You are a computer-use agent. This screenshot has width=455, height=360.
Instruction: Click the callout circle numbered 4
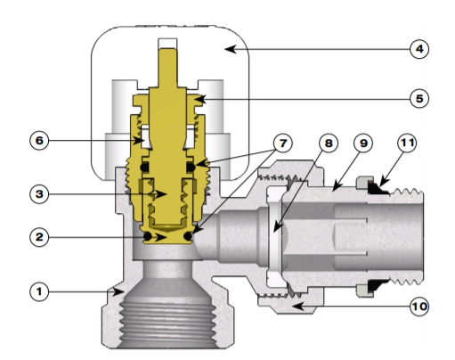tap(419, 49)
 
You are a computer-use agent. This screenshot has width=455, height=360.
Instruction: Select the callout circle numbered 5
tap(419, 98)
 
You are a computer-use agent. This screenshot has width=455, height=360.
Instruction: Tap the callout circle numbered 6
tap(39, 141)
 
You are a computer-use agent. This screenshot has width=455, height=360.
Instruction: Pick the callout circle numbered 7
tap(283, 143)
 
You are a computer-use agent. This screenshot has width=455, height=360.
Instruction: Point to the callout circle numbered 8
tap(329, 143)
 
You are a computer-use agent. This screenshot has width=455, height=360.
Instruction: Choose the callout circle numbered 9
tap(363, 143)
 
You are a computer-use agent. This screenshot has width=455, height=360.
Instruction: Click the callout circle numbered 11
tap(407, 143)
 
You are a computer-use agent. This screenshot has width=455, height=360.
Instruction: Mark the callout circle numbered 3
tap(39, 194)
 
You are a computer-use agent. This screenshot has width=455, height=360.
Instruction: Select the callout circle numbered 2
tap(39, 237)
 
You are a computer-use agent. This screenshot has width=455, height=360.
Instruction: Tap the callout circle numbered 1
tap(39, 291)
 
